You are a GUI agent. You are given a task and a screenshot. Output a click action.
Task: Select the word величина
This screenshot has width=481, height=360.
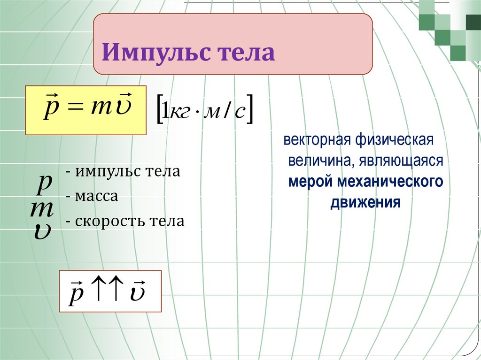point(317,161)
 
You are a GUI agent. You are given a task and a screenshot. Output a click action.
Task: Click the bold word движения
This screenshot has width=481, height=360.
point(365,203)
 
